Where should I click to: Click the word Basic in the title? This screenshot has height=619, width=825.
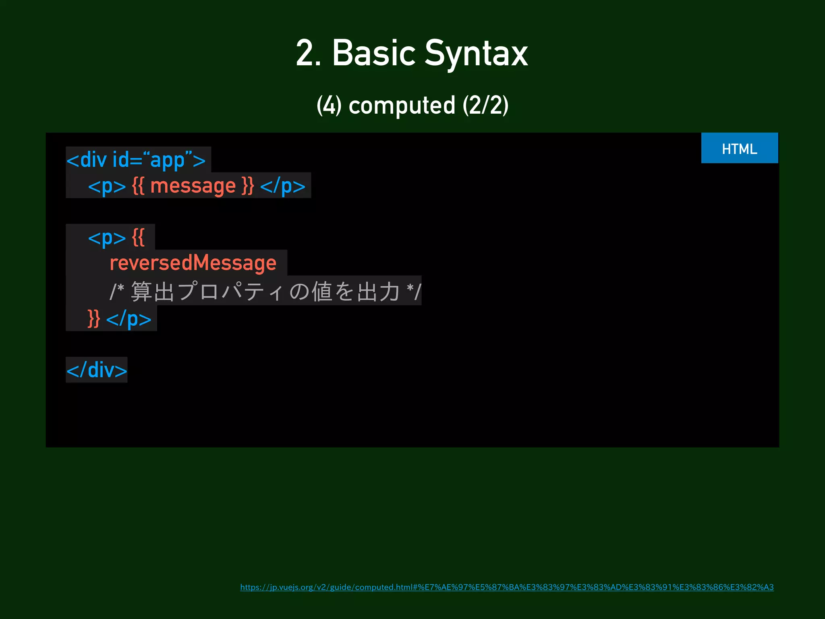point(373,53)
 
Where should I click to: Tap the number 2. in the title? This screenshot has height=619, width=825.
point(308,53)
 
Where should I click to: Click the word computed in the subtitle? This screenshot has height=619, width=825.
point(402,106)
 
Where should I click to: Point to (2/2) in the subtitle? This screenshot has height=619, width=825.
point(485,106)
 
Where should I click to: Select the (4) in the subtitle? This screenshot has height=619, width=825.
point(329,106)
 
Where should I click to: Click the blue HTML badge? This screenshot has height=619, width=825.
point(739,148)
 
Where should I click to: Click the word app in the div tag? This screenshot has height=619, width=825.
point(167,160)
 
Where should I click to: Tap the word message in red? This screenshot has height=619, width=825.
point(193,186)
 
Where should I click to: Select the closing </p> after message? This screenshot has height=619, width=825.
point(283,186)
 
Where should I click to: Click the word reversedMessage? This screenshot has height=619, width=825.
point(193,263)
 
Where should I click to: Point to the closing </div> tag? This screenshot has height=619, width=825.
point(97,370)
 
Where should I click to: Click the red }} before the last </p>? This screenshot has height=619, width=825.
point(94,319)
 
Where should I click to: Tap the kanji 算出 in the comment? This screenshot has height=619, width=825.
point(152,291)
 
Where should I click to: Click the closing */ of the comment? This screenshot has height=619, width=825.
point(414,291)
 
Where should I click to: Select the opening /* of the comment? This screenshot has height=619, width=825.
point(117,291)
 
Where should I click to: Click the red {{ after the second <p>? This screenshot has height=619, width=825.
point(138,238)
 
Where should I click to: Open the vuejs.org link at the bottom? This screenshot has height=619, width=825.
point(507,587)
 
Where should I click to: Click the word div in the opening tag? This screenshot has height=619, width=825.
point(93,160)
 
